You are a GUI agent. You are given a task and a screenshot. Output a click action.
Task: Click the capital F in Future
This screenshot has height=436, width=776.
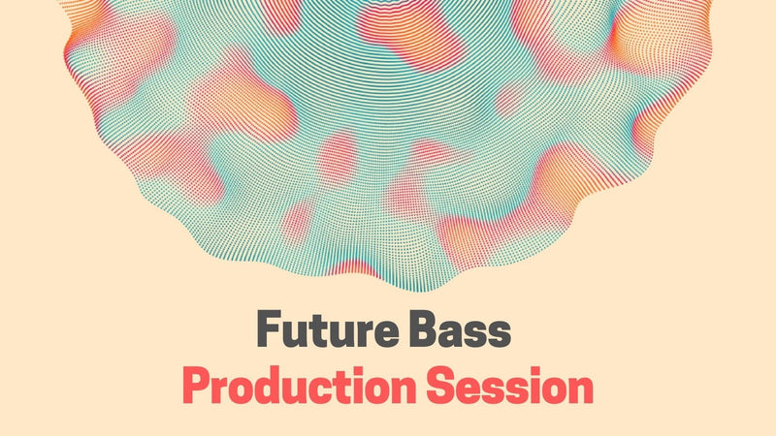pyautogui.click(x=269, y=331)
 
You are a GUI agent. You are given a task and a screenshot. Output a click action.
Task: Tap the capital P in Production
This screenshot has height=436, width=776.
pyautogui.click(x=195, y=387)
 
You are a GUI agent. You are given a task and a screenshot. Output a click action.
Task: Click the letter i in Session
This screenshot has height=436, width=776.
pyautogui.click(x=530, y=386)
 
